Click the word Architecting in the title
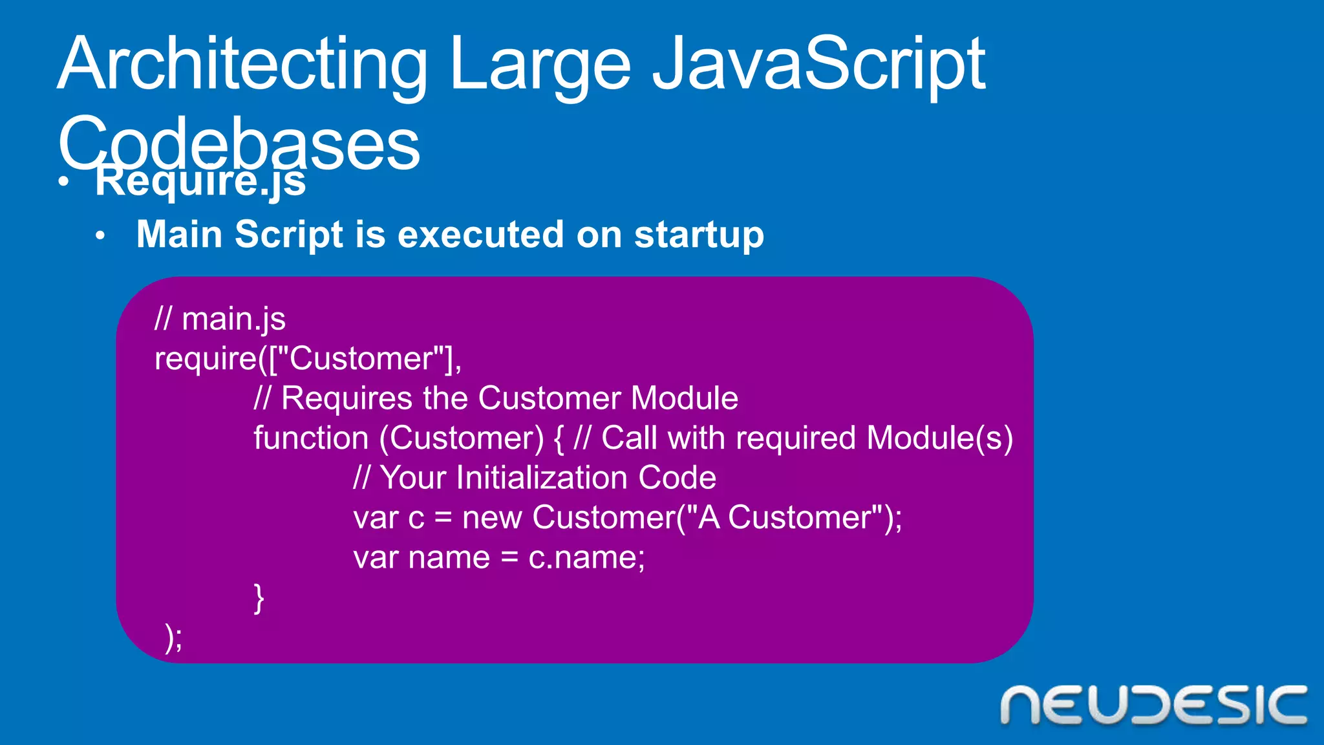click(x=242, y=65)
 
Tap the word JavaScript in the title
click(x=818, y=65)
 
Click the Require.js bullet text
click(x=200, y=182)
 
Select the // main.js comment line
click(x=220, y=319)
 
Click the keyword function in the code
click(x=311, y=438)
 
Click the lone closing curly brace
click(x=259, y=598)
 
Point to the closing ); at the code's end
click(x=174, y=638)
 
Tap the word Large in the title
click(x=540, y=65)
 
